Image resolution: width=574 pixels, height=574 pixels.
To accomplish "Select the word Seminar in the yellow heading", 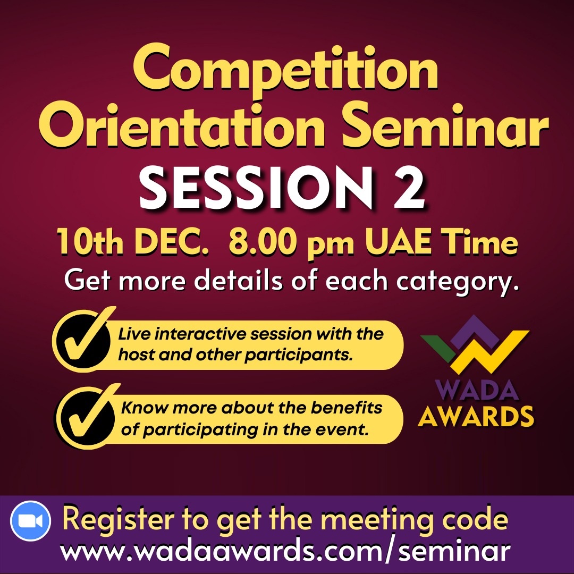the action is (445, 124).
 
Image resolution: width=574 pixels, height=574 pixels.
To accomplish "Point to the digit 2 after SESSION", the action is (409, 188).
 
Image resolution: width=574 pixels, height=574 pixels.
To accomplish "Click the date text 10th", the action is (89, 242).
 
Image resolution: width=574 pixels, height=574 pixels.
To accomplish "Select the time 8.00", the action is (261, 242).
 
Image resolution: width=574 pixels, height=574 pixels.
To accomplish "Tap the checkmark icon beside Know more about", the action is (88, 416).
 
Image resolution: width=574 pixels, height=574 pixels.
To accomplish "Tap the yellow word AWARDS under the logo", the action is (476, 416).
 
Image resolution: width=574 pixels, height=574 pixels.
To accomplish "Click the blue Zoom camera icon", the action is (30, 521).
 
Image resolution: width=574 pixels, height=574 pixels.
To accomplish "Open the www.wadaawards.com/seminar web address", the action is (285, 550).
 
